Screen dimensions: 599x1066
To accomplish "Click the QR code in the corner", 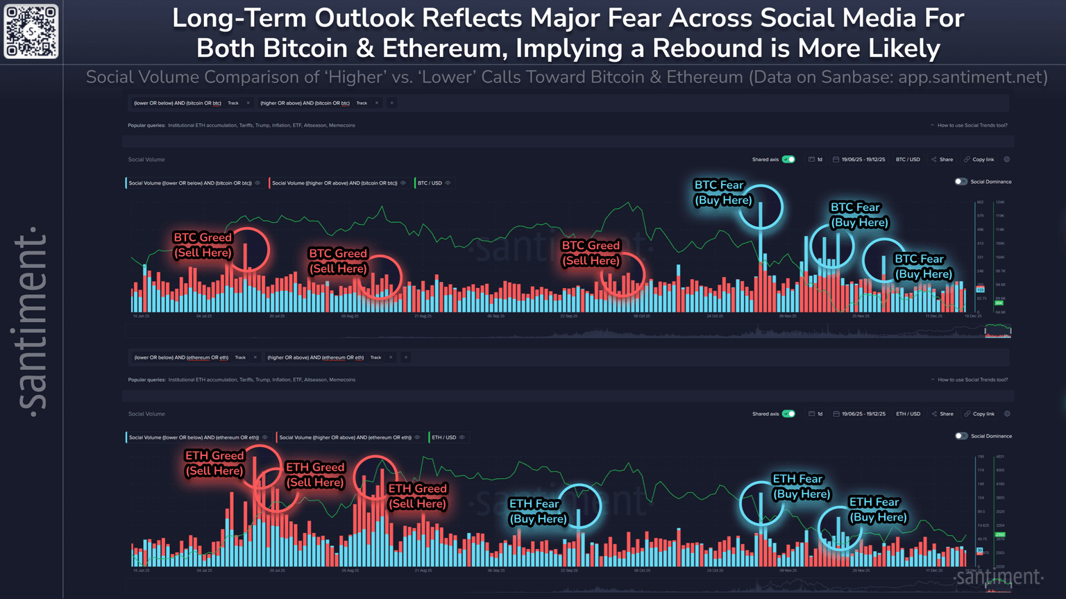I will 31,31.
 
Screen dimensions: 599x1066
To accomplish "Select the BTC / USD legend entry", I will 430,183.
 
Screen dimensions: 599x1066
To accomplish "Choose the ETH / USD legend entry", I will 444,437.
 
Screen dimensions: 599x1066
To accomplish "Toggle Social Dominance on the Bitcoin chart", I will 961,182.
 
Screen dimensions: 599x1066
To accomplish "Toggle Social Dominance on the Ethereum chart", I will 961,436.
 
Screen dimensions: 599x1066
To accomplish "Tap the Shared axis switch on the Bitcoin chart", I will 788,160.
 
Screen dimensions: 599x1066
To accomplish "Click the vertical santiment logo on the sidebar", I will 31,319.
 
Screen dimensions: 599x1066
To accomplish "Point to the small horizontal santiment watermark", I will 999,577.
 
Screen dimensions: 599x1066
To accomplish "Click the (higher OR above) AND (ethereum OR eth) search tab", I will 316,357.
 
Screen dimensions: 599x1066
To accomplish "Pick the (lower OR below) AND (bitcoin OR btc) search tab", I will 178,103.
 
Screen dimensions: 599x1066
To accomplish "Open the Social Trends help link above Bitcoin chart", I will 972,126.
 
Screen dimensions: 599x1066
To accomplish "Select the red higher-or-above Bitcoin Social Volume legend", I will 335,183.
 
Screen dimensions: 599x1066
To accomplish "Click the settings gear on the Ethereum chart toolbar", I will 1007,414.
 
